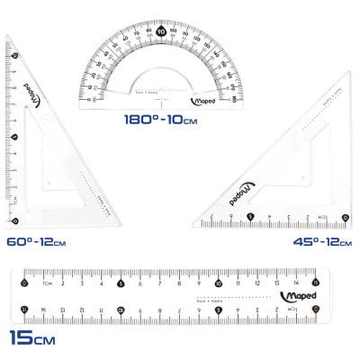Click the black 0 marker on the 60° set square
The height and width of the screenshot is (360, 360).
tap(16, 220)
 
